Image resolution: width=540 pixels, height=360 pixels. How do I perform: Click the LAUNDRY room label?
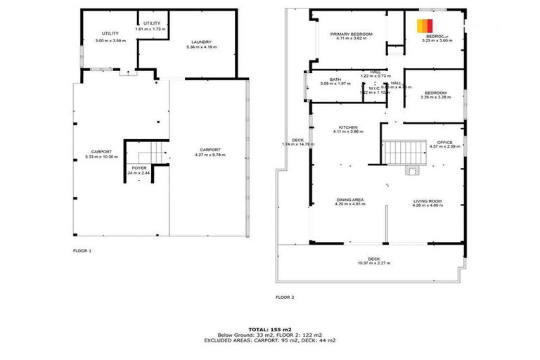point(200,41)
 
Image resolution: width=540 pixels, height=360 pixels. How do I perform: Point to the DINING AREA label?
point(349,200)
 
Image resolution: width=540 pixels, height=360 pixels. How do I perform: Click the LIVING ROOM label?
point(427,200)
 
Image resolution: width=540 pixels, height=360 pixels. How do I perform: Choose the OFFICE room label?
point(444,142)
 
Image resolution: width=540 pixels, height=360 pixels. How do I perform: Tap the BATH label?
point(335,79)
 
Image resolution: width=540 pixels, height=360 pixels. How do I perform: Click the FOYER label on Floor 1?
point(139,168)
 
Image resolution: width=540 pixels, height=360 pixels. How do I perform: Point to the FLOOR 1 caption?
point(82,250)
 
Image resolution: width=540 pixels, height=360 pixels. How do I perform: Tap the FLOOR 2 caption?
point(285,297)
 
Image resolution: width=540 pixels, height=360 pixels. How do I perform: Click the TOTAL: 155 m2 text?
point(269,329)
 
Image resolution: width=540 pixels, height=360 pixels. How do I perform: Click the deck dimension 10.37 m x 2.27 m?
point(373,263)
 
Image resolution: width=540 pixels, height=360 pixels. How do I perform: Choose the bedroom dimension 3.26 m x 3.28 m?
point(435,97)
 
